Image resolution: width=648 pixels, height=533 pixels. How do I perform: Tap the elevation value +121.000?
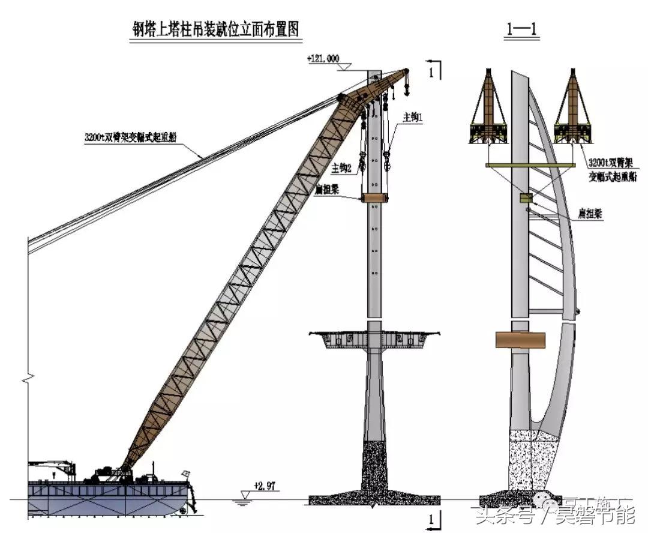coord(323,59)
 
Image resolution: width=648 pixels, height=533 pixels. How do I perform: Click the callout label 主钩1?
coord(413,118)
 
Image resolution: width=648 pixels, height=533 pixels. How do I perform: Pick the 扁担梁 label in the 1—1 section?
coord(592,215)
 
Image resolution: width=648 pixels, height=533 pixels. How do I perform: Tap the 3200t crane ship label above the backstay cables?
coord(134,137)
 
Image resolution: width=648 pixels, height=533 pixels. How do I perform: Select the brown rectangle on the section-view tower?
coord(521,339)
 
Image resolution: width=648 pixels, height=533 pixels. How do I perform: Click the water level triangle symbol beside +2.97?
coord(243,494)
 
